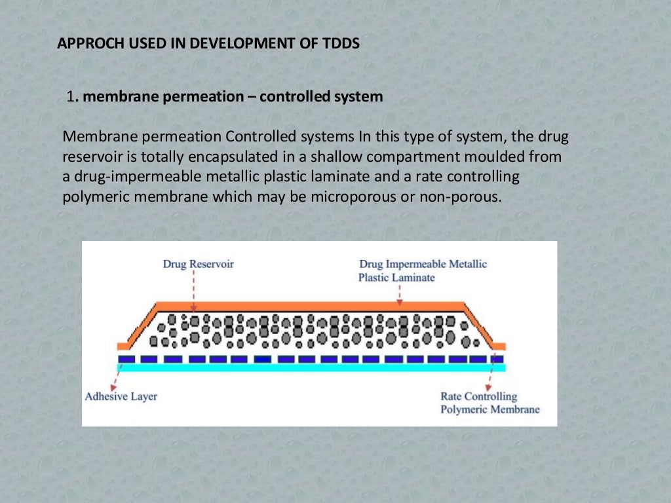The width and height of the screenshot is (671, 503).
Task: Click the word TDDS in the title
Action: click(342, 44)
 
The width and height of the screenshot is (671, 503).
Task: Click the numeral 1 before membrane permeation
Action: click(70, 98)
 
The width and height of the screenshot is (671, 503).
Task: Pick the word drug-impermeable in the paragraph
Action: click(122, 177)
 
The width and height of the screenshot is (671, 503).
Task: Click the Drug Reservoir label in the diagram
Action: click(198, 265)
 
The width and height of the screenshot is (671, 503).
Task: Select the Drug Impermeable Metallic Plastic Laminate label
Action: click(422, 270)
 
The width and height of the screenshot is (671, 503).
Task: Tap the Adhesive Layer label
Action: click(121, 396)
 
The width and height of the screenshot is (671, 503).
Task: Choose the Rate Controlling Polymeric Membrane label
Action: click(489, 403)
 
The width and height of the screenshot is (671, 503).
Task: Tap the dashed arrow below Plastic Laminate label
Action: click(400, 293)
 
